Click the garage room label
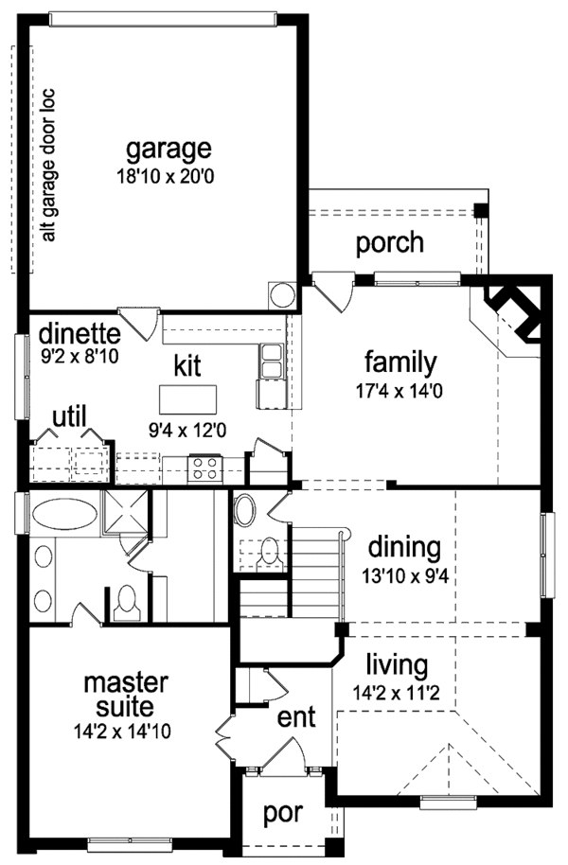pyautogui.click(x=169, y=150)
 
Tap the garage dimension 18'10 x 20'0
pyautogui.click(x=165, y=177)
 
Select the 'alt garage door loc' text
pyautogui.click(x=49, y=165)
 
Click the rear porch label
pyautogui.click(x=390, y=243)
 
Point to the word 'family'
pyautogui.click(x=400, y=362)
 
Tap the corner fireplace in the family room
pyautogui.click(x=514, y=313)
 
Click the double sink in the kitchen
pyautogui.click(x=271, y=360)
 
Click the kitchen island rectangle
pyautogui.click(x=187, y=399)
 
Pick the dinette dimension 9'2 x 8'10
pyautogui.click(x=80, y=357)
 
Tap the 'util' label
pyautogui.click(x=69, y=417)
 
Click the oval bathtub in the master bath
pyautogui.click(x=64, y=514)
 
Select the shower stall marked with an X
pyautogui.click(x=126, y=512)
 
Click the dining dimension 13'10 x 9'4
pyautogui.click(x=404, y=576)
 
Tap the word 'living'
pyautogui.click(x=397, y=666)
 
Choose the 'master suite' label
pyautogui.click(x=126, y=695)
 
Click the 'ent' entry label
pyautogui.click(x=296, y=717)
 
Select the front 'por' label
pyautogui.click(x=283, y=814)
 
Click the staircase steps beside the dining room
pyautogui.click(x=314, y=572)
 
